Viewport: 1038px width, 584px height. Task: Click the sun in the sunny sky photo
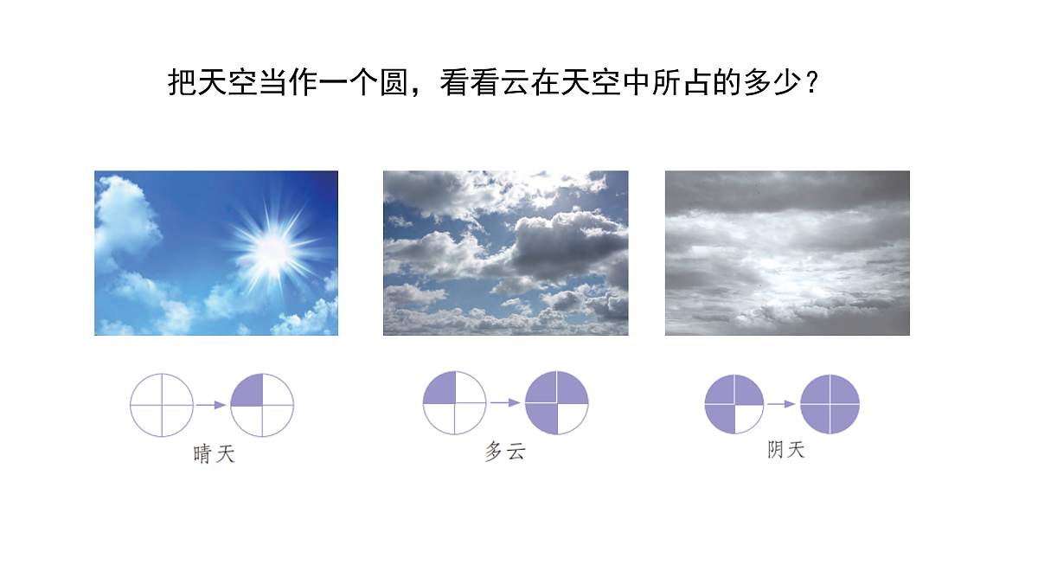[272, 248]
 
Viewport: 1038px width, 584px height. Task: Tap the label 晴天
[214, 453]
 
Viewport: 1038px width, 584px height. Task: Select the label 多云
[505, 452]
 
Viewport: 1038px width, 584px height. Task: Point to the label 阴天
[785, 450]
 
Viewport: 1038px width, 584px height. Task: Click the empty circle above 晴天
[162, 404]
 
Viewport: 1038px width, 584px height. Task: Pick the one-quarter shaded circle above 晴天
[262, 404]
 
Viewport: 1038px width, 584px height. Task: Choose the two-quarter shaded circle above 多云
[454, 402]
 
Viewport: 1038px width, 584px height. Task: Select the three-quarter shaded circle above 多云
[557, 402]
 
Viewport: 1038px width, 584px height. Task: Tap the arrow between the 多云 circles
[505, 402]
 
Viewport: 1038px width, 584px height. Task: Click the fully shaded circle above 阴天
[830, 404]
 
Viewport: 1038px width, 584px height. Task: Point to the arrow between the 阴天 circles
[782, 404]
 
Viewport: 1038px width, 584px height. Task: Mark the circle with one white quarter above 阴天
[734, 404]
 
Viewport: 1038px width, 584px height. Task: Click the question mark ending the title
[811, 84]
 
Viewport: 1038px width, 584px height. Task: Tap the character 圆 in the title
[394, 83]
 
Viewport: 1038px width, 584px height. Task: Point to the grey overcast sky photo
[787, 253]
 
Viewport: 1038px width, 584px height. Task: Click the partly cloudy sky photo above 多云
[506, 253]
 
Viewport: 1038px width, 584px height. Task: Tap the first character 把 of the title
[182, 83]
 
